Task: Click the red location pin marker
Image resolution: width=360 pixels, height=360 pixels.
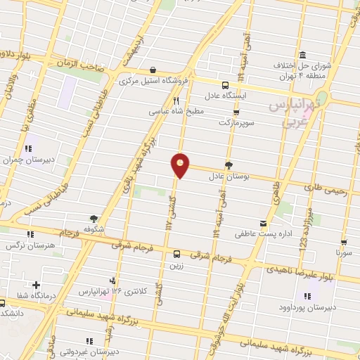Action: click(181, 165)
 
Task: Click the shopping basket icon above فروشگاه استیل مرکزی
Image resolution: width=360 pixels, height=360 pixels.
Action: click(153, 70)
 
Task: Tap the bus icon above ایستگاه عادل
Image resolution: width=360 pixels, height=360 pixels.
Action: click(224, 83)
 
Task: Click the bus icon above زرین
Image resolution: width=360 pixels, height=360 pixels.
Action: click(176, 255)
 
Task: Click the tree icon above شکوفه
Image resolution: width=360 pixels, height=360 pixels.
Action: click(94, 218)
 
